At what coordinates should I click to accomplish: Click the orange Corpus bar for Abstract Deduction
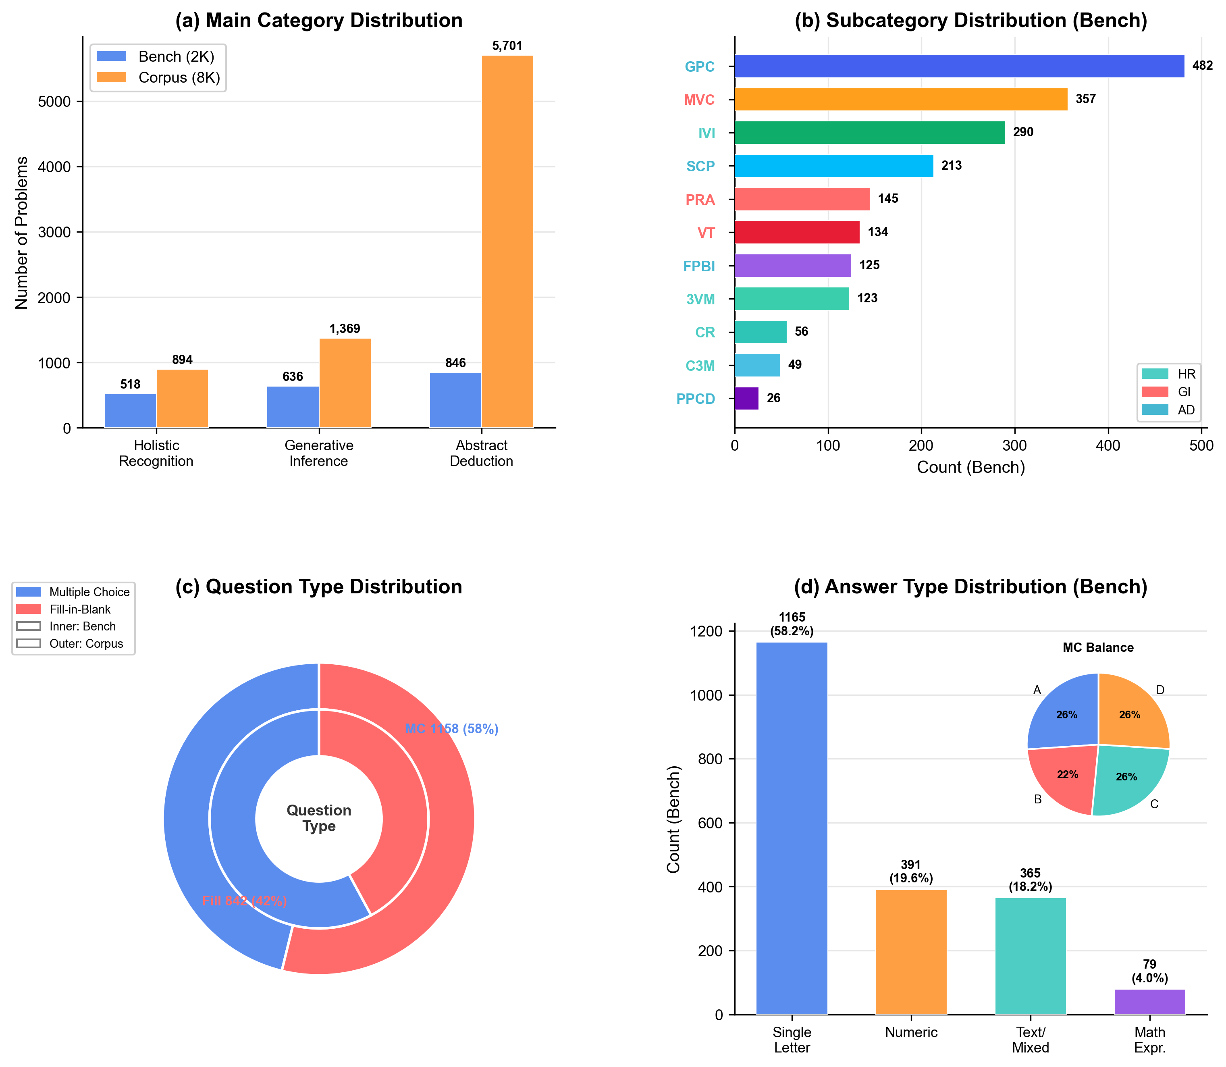(507, 241)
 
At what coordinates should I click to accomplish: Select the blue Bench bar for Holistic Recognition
(131, 410)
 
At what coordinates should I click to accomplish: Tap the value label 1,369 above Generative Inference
(345, 329)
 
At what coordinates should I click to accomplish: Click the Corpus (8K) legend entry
(179, 78)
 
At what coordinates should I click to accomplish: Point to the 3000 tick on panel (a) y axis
(54, 232)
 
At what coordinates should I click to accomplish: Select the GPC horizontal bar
(959, 66)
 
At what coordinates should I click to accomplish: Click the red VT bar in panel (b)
(797, 232)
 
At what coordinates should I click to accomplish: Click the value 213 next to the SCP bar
(951, 166)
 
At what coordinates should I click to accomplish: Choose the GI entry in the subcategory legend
(1184, 392)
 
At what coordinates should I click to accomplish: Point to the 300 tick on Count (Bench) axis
(1015, 445)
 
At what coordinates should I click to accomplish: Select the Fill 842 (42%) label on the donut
(244, 901)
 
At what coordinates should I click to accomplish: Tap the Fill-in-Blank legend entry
(80, 609)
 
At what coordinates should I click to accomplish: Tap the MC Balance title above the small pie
(1097, 648)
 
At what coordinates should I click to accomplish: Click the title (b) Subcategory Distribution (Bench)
(970, 21)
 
